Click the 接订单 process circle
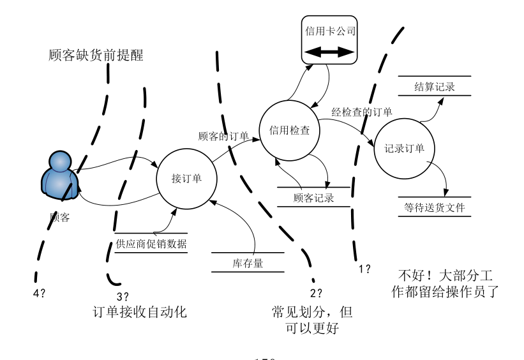[187, 178]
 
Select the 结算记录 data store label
[434, 87]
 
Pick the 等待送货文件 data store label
[434, 207]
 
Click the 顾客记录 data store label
[313, 197]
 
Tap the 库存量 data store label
[248, 262]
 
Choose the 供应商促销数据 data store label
[151, 243]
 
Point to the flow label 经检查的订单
[361, 111]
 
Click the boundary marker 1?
[364, 269]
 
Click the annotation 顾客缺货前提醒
[96, 56]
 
